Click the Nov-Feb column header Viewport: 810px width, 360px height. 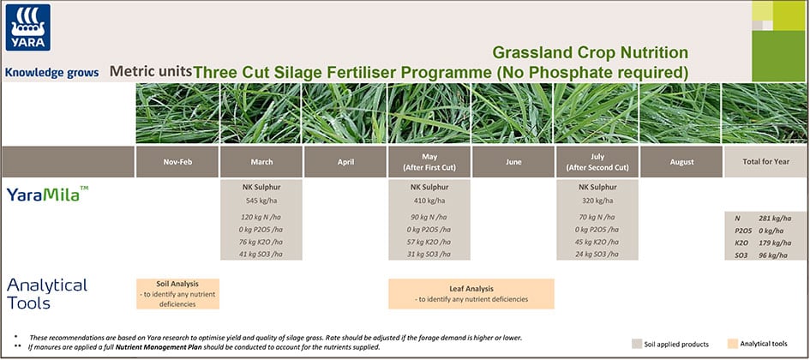177,162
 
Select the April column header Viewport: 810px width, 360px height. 345,162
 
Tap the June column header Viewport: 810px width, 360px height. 513,162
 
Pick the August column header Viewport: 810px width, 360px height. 681,162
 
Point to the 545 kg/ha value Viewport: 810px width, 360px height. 261,200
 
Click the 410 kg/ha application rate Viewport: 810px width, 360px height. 429,200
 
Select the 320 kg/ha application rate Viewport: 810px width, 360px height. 597,200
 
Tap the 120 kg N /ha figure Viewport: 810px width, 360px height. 261,218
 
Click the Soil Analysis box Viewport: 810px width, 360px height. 177,293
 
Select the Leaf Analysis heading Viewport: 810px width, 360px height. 471,289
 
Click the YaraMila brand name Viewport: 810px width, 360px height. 47,195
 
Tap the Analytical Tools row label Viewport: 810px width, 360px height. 47,293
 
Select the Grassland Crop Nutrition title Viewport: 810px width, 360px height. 590,53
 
